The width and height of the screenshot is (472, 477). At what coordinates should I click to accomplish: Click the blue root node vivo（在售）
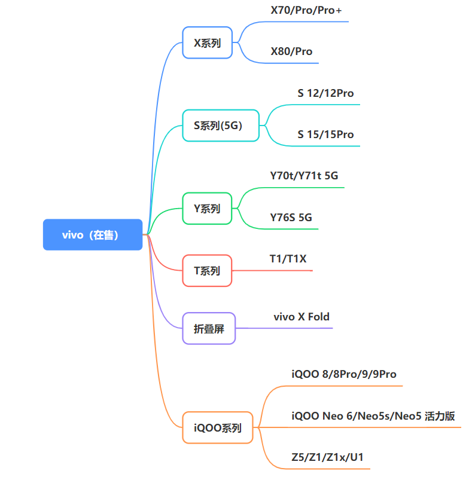(x=93, y=234)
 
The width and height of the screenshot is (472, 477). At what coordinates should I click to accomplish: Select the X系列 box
(x=208, y=42)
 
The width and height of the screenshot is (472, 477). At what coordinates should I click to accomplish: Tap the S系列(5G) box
(x=221, y=126)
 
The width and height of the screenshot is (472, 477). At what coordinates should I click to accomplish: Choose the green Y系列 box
(x=207, y=209)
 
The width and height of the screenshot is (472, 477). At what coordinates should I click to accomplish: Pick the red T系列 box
(x=207, y=270)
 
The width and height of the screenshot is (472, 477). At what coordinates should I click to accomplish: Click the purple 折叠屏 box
(x=209, y=328)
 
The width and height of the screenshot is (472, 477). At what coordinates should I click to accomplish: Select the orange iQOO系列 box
(x=218, y=427)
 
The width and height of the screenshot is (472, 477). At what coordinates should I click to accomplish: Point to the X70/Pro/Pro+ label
(x=306, y=10)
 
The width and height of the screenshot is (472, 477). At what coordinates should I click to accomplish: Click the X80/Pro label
(x=291, y=51)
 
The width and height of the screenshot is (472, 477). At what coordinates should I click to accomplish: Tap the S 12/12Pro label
(x=325, y=93)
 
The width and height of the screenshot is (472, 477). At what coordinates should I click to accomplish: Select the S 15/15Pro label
(x=325, y=134)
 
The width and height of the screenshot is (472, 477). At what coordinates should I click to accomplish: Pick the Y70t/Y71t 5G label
(x=304, y=176)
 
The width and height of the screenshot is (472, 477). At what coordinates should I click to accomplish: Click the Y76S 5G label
(x=291, y=218)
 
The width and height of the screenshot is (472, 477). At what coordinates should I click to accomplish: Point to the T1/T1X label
(x=288, y=259)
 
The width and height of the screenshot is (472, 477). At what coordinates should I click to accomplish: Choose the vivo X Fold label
(x=302, y=317)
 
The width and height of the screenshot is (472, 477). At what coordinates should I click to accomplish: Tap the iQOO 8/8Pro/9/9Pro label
(x=344, y=374)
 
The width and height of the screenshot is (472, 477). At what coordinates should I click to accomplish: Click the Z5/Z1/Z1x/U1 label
(x=327, y=457)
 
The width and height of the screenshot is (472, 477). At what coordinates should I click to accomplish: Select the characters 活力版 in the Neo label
(x=440, y=416)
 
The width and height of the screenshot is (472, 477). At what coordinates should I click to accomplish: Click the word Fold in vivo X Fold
(x=319, y=317)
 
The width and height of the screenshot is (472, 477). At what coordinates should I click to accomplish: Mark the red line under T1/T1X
(x=272, y=270)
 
